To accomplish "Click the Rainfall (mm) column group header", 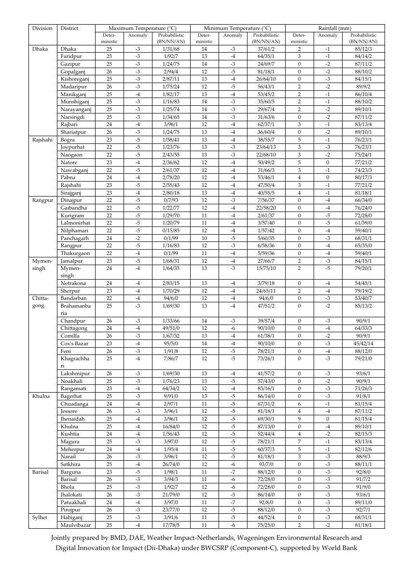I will pos(335,28).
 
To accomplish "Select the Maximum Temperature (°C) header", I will pos(142,28).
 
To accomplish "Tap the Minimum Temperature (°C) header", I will pos(237,28).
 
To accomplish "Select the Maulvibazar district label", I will pos(76,525).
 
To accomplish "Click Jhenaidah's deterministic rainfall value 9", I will pos(299,419).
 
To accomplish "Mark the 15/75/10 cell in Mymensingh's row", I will pos(266,268).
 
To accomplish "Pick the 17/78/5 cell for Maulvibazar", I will pos(171,525).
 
